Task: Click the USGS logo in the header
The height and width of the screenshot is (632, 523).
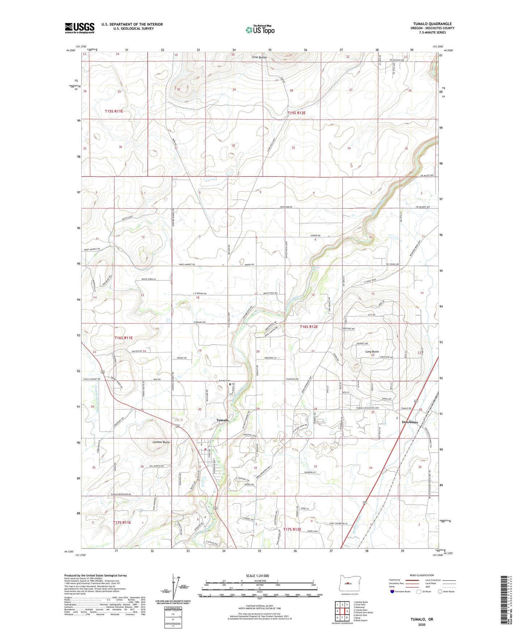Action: click(80, 28)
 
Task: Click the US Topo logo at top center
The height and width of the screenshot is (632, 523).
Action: click(260, 30)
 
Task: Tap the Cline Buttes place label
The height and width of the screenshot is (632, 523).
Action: click(260, 58)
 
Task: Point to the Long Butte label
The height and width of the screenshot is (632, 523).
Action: click(372, 351)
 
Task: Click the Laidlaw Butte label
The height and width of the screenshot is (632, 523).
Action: click(161, 442)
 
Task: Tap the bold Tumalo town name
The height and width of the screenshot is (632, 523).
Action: click(222, 420)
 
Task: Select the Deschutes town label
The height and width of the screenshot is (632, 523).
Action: click(410, 422)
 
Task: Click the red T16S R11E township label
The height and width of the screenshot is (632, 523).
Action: click(124, 338)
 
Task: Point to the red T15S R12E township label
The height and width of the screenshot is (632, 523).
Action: click(296, 113)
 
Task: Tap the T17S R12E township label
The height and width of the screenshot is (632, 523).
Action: click(292, 529)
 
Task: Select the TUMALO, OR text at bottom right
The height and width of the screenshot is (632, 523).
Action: click(422, 619)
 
